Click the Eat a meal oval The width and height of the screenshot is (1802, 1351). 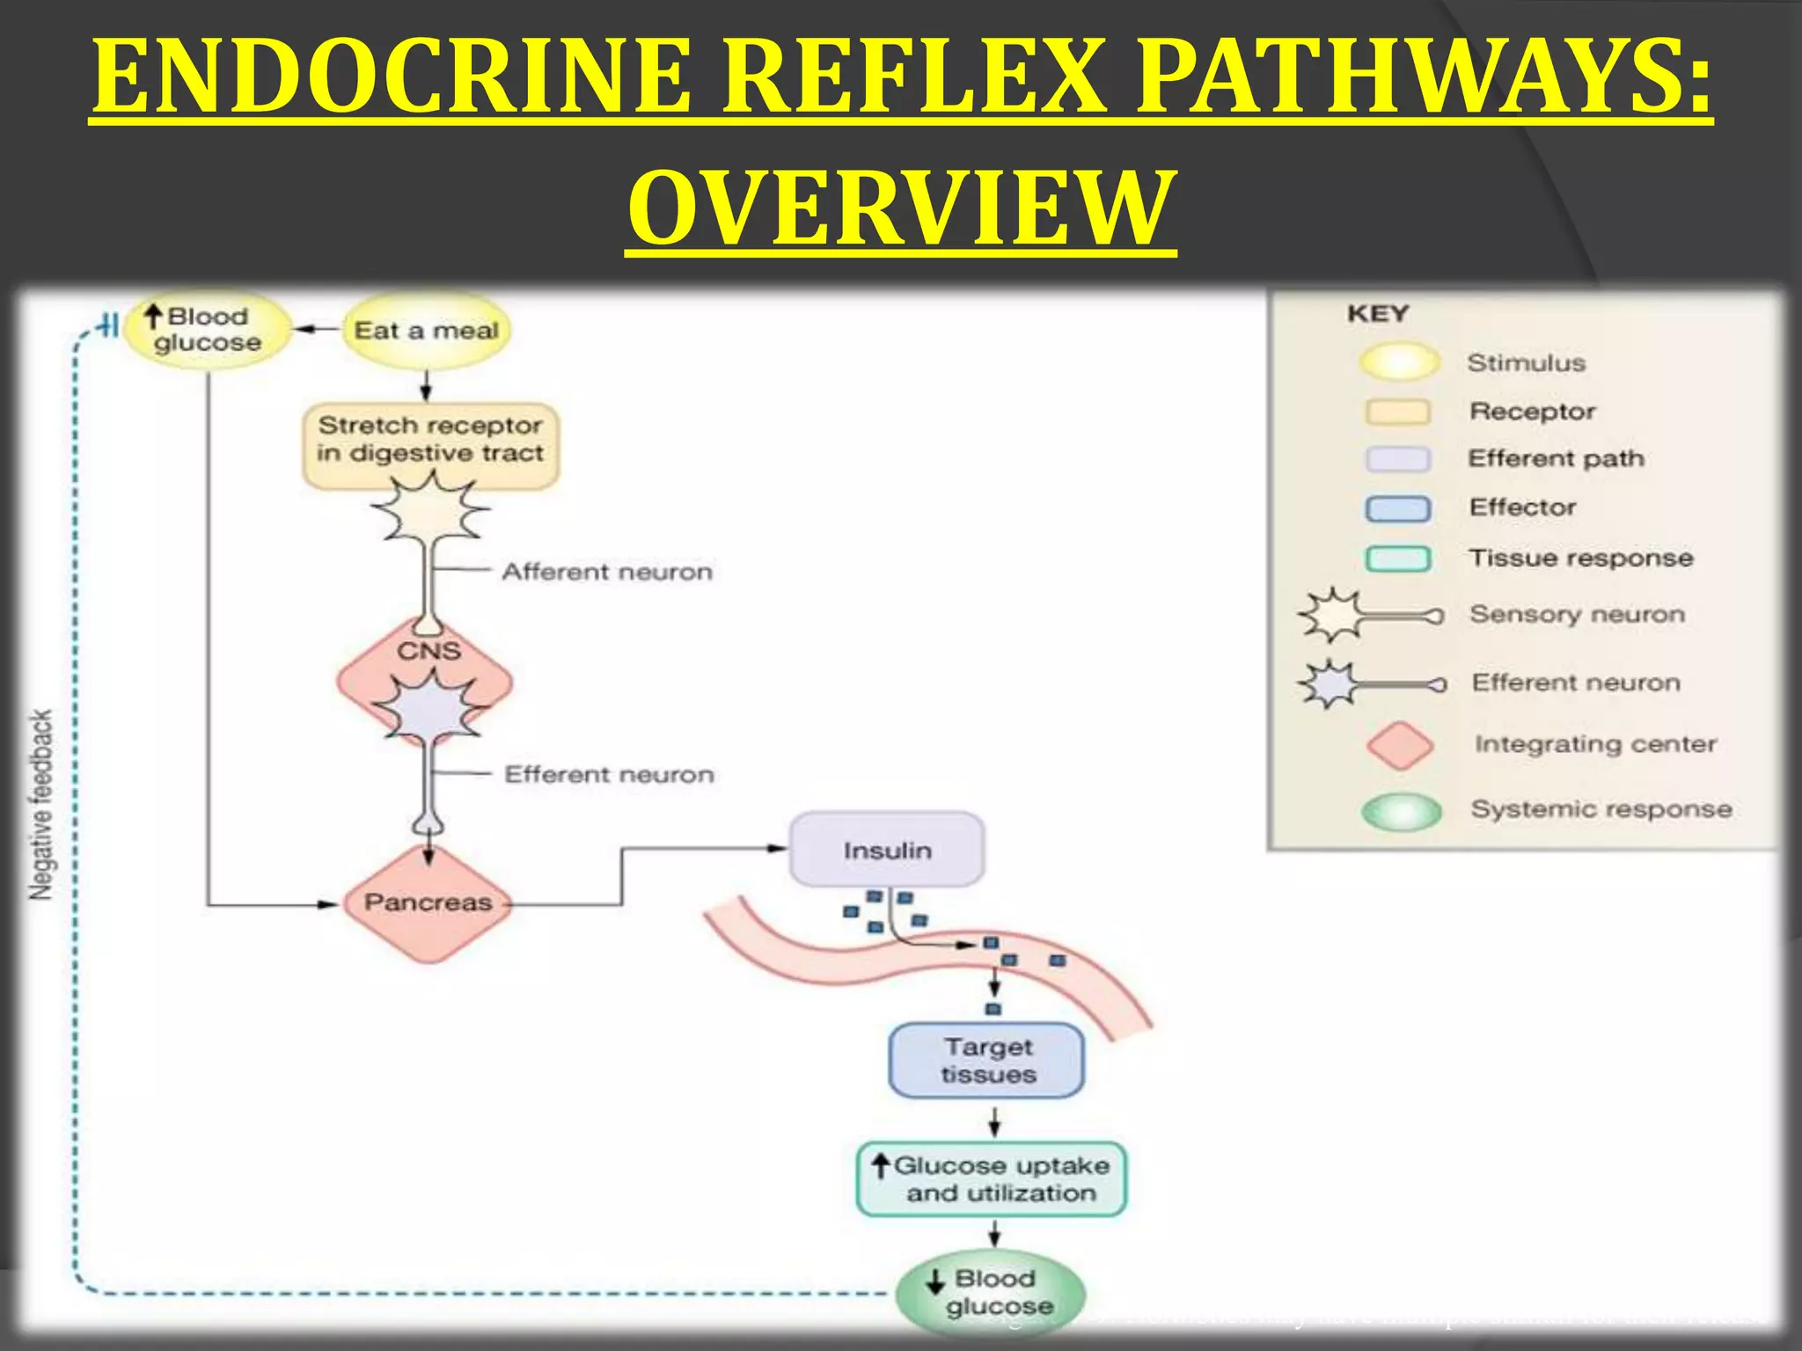427,331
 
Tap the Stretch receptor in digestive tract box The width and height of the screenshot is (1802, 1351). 430,440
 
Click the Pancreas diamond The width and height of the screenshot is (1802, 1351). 428,903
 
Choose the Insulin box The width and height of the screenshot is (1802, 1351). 887,851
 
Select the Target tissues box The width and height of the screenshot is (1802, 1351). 987,1061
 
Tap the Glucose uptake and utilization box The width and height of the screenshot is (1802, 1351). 992,1179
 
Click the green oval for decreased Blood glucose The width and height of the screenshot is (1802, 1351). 991,1292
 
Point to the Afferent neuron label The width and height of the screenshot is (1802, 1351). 607,572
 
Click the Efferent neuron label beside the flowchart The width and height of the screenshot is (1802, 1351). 609,775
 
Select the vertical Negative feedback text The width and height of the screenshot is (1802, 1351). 41,805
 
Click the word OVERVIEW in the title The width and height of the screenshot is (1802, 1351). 901,209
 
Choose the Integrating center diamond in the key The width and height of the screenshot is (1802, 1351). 1399,745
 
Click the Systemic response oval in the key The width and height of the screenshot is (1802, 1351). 1401,811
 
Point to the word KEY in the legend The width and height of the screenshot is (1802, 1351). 1378,314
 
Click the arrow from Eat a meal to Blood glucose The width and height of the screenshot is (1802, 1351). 317,330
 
